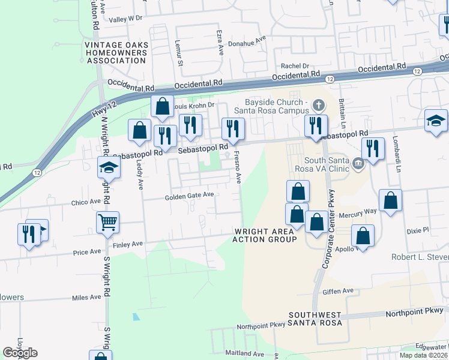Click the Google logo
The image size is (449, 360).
click(x=20, y=353)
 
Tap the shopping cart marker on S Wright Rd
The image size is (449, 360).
click(x=108, y=223)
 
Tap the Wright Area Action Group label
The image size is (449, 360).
click(x=265, y=235)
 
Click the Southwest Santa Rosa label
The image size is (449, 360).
click(x=315, y=319)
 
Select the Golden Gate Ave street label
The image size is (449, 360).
click(x=190, y=196)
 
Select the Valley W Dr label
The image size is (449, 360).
click(x=126, y=19)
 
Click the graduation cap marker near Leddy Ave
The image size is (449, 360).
click(x=109, y=168)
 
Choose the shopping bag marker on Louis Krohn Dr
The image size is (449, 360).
click(x=162, y=107)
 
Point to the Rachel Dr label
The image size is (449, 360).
click(x=295, y=66)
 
